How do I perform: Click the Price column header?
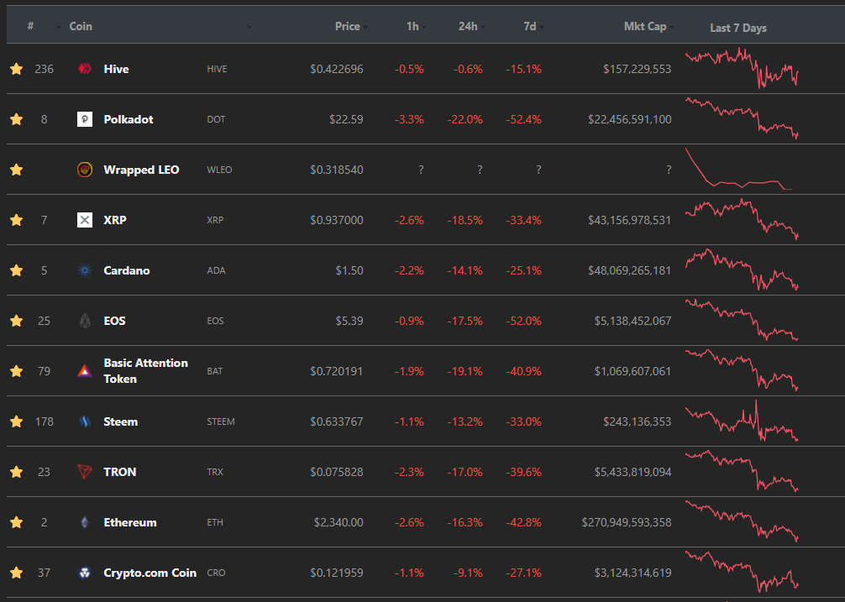coord(347,26)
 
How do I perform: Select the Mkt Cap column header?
coord(645,26)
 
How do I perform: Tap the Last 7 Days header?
coord(738,28)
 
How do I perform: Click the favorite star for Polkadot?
coord(17,119)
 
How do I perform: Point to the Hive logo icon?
coord(85,68)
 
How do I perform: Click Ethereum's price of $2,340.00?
coord(339,522)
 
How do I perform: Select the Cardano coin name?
coord(127,270)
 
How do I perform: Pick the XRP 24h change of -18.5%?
coord(464,220)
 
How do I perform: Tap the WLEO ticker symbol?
coord(219,170)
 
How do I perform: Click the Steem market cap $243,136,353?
coord(637,421)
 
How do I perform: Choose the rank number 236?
coord(45,69)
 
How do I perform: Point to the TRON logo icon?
coord(85,472)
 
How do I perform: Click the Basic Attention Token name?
coord(145,371)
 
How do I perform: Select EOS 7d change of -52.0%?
coord(523,321)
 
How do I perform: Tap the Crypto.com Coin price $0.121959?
coord(336,573)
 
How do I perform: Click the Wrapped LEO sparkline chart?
coord(738,169)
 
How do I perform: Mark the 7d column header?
coord(530,26)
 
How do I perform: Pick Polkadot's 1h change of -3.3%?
coord(409,119)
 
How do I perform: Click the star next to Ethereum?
coord(17,521)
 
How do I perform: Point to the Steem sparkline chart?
coord(742,421)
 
